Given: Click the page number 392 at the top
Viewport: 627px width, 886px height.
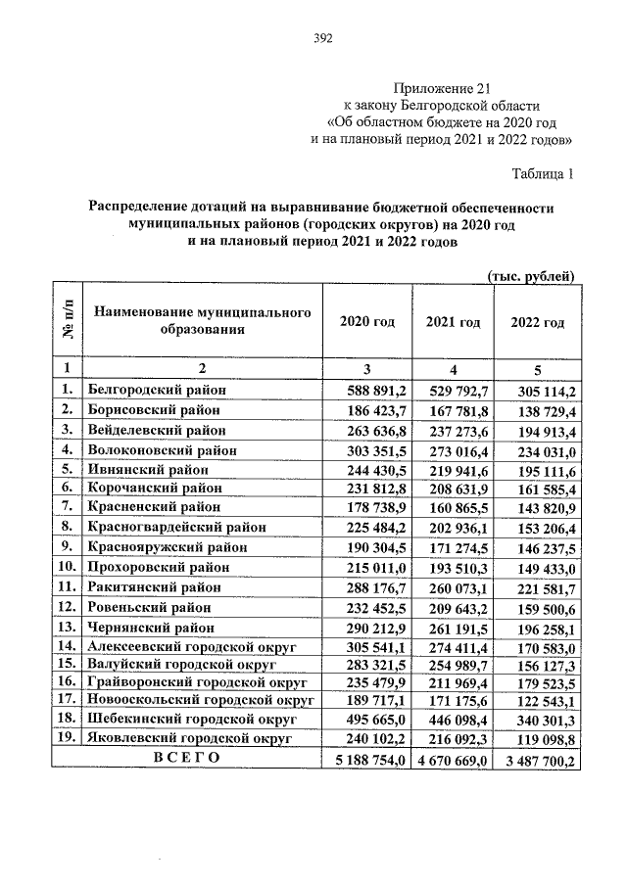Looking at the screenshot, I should pos(323,39).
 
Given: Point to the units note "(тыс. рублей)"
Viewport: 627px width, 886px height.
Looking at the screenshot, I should pos(530,276).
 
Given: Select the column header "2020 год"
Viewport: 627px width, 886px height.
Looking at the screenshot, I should pos(368,323).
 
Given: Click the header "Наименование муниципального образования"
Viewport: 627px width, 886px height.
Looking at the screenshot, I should pos(202,320).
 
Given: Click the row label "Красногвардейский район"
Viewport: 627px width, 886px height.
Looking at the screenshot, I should pos(175,527).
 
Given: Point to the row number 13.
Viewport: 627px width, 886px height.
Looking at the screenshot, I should pos(67,626).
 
